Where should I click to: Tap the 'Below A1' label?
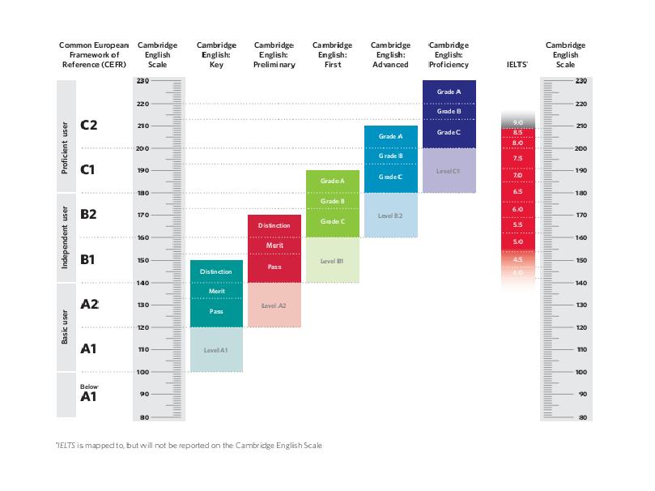point(88,393)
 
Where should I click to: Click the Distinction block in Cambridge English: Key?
point(216,271)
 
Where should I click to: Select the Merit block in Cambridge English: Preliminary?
point(274,245)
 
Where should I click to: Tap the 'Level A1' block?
point(216,349)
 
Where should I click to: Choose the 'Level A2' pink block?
point(274,305)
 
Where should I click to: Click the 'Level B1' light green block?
point(332,261)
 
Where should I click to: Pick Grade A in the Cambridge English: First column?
point(332,181)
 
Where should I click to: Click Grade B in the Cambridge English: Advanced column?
point(390,156)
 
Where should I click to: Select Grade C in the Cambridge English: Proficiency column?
point(449,132)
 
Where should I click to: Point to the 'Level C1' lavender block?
point(449,171)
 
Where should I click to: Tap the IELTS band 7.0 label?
point(518,175)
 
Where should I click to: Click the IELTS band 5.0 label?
point(518,241)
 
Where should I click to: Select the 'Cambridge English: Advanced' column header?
point(390,54)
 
